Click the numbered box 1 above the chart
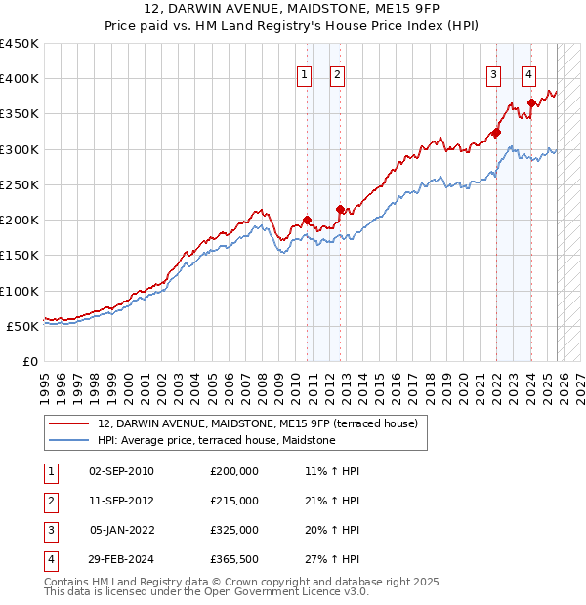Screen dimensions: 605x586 304,74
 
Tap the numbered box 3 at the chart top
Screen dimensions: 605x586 494,74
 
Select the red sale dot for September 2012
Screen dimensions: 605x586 341,209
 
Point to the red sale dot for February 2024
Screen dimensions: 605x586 531,102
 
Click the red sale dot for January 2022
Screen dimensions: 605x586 496,132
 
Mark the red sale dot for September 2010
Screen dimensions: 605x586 307,220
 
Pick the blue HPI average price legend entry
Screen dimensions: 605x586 216,440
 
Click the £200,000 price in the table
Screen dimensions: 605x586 234,470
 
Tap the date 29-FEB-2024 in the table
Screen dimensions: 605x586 121,559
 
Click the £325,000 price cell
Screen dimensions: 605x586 234,530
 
